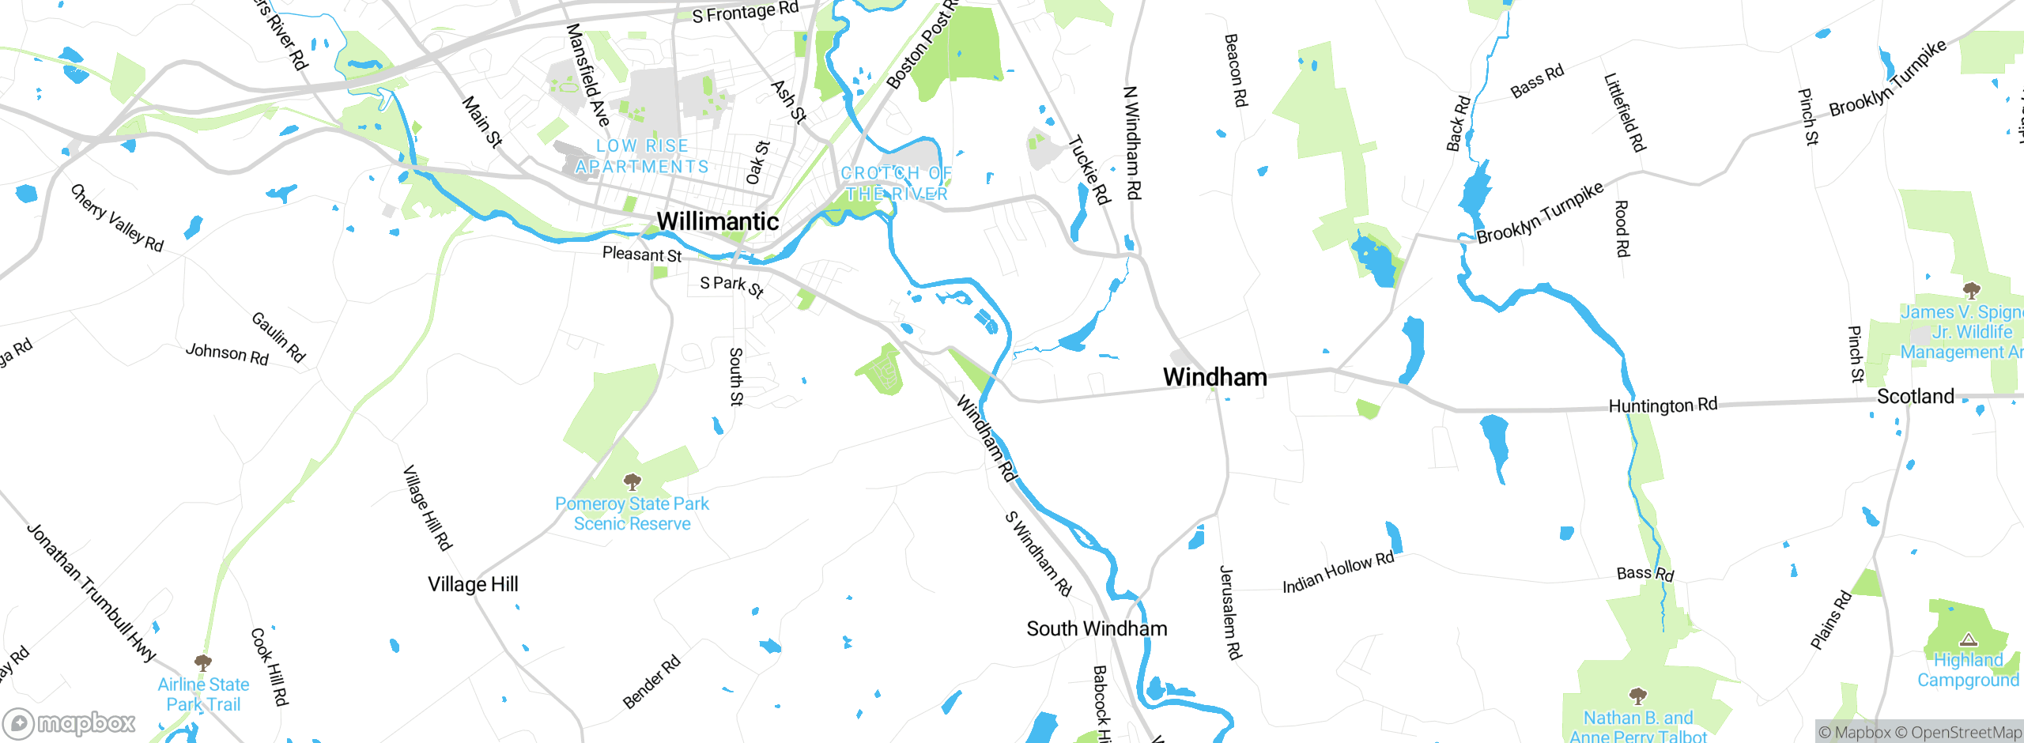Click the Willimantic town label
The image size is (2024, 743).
pyautogui.click(x=718, y=221)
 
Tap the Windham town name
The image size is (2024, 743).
pyautogui.click(x=1214, y=377)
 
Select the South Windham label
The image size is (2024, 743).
pyautogui.click(x=1097, y=628)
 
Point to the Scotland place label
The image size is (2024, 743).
pyautogui.click(x=1915, y=396)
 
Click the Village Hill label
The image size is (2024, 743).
pyautogui.click(x=473, y=584)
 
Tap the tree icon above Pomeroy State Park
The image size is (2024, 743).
pyautogui.click(x=632, y=481)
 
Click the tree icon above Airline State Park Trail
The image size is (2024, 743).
pyautogui.click(x=203, y=662)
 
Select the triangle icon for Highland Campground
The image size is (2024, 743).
pyautogui.click(x=1968, y=639)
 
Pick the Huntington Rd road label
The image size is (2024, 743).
pyautogui.click(x=1663, y=405)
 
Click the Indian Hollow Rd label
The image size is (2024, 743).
pyautogui.click(x=1338, y=572)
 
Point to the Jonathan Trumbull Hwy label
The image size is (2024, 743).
pyautogui.click(x=92, y=592)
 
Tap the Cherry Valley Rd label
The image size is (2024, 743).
pyautogui.click(x=117, y=218)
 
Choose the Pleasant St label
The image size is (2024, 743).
pyautogui.click(x=641, y=254)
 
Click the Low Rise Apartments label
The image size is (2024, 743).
pyautogui.click(x=642, y=157)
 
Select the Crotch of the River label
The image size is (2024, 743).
pyautogui.click(x=896, y=183)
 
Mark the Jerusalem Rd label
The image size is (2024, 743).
pyautogui.click(x=1230, y=613)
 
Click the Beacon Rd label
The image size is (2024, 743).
pyautogui.click(x=1235, y=70)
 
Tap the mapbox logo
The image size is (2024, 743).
pyautogui.click(x=70, y=723)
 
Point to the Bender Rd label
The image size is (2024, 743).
pyautogui.click(x=651, y=682)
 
